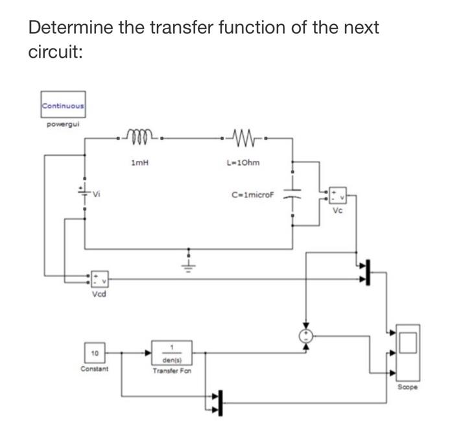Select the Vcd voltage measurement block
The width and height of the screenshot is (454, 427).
click(99, 280)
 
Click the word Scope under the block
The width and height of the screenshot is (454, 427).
click(409, 387)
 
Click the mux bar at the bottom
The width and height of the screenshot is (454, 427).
click(220, 402)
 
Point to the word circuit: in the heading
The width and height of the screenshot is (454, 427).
click(55, 52)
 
